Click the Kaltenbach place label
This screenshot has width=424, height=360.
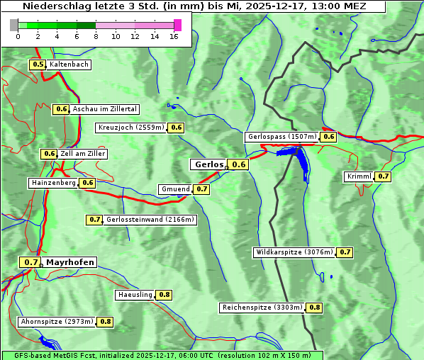click(x=69, y=64)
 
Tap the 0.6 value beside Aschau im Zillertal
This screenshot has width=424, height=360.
click(x=61, y=109)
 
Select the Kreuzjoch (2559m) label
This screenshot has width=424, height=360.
click(x=130, y=128)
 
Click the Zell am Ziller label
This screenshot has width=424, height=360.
click(x=83, y=154)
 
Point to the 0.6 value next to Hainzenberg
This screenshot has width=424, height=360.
click(x=87, y=183)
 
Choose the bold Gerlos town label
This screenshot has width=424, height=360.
click(x=208, y=164)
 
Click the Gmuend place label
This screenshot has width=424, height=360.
click(x=175, y=189)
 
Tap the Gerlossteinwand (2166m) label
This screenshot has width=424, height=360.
click(x=150, y=220)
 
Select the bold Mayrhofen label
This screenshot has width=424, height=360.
click(x=69, y=262)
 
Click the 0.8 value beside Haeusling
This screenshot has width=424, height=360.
click(x=164, y=294)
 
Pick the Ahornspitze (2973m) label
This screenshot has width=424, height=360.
click(x=57, y=322)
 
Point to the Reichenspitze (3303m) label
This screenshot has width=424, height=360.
click(x=262, y=308)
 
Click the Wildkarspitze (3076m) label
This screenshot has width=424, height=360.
click(x=294, y=252)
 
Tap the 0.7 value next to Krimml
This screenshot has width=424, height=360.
click(x=383, y=176)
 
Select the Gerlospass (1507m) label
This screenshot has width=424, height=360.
click(x=281, y=137)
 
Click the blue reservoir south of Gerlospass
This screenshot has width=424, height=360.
click(x=301, y=162)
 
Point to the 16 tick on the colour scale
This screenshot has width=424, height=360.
click(x=174, y=36)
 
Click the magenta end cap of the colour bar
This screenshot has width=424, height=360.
click(x=177, y=25)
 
